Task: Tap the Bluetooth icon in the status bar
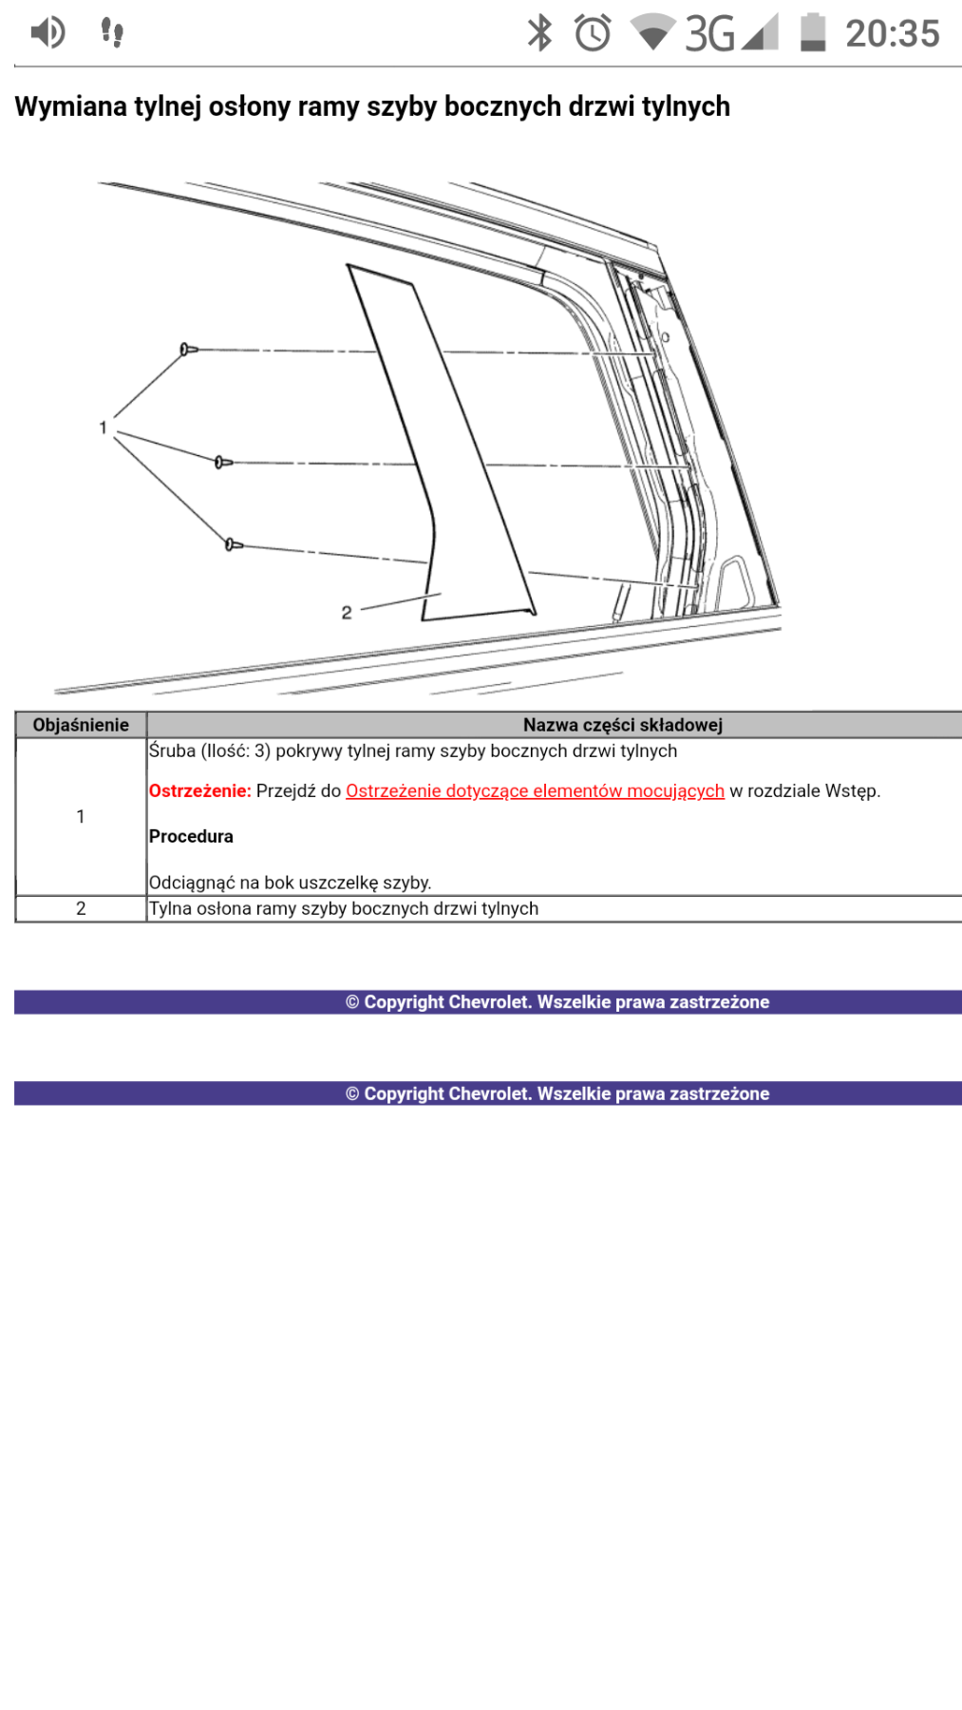539,33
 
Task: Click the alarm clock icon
593,33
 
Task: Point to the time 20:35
892,34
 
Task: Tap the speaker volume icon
47,32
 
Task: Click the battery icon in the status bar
813,32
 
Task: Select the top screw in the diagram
188,350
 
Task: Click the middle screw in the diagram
222,463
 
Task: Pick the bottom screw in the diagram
233,544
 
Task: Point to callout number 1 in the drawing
103,428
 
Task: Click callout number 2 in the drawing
347,613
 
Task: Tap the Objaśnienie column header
81,725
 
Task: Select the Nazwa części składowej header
622,725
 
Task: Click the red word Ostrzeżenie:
199,790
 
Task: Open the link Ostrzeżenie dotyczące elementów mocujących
535,790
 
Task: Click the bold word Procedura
191,836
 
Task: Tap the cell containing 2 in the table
81,908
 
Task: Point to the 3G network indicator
709,34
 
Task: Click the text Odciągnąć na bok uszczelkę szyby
290,883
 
